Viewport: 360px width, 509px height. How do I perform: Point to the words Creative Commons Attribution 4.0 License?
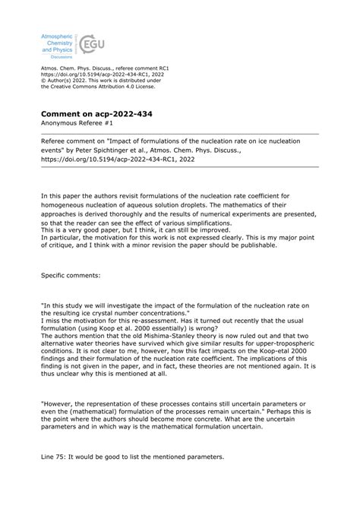click(x=98, y=86)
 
